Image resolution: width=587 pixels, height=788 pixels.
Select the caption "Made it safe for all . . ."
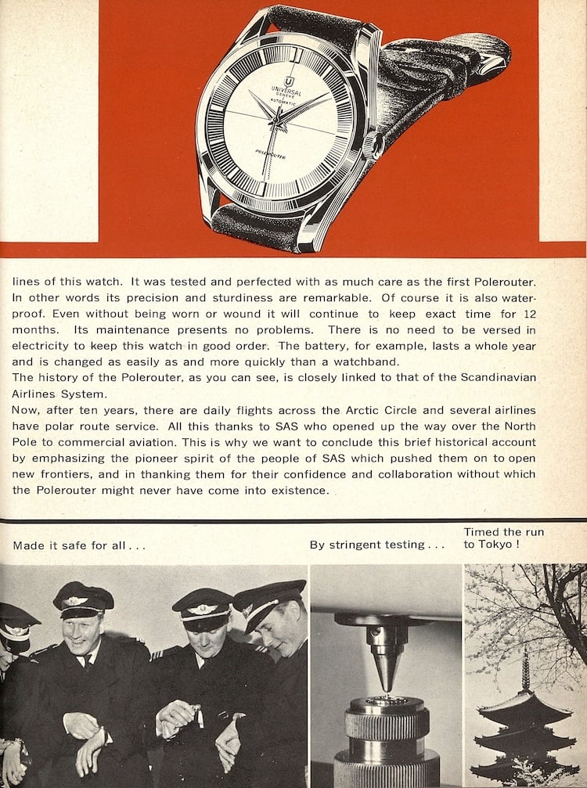coord(79,545)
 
